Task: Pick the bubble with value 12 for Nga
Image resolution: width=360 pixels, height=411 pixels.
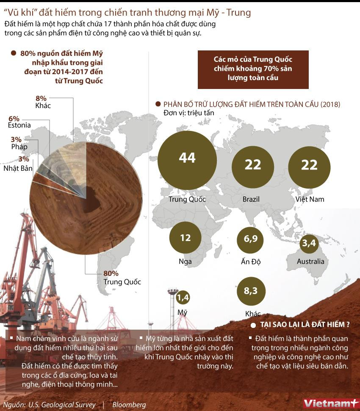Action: pyautogui.click(x=186, y=238)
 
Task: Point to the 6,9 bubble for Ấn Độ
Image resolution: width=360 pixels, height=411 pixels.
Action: pyautogui.click(x=251, y=239)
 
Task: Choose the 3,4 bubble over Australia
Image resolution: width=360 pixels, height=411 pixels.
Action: pyautogui.click(x=308, y=244)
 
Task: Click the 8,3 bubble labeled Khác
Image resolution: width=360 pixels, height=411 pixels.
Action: pyautogui.click(x=251, y=292)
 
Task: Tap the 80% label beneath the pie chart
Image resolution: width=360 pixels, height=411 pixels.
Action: pyautogui.click(x=111, y=273)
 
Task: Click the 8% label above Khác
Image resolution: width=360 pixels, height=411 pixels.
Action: pyautogui.click(x=41, y=98)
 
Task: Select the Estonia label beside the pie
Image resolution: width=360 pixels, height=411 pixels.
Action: pyautogui.click(x=19, y=125)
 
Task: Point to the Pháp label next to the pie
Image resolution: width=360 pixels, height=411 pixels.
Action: pyautogui.click(x=19, y=147)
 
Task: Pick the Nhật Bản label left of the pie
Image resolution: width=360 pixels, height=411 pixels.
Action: pyautogui.click(x=18, y=168)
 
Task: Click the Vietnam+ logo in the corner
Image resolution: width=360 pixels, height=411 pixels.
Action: pyautogui.click(x=330, y=403)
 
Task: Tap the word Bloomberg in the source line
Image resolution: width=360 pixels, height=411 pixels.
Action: pyautogui.click(x=129, y=405)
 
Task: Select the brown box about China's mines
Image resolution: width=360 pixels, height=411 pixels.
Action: pyautogui.click(x=253, y=69)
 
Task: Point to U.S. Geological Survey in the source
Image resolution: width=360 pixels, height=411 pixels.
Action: pyautogui.click(x=62, y=405)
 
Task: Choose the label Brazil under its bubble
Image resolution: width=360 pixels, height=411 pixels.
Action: pyautogui.click(x=251, y=199)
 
